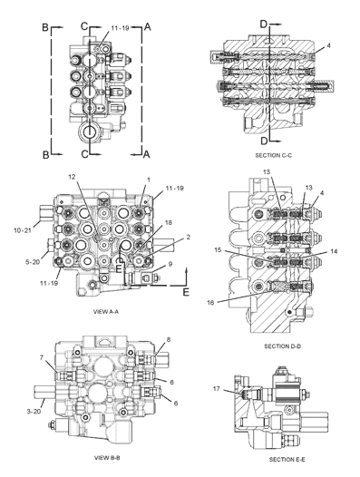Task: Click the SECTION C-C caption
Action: point(273,155)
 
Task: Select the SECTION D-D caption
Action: point(283,346)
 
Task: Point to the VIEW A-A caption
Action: point(105,312)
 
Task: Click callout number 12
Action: point(72,176)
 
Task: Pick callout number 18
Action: point(169,223)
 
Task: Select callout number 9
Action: point(170,264)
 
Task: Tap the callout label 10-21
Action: point(23,230)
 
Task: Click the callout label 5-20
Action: point(33,261)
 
